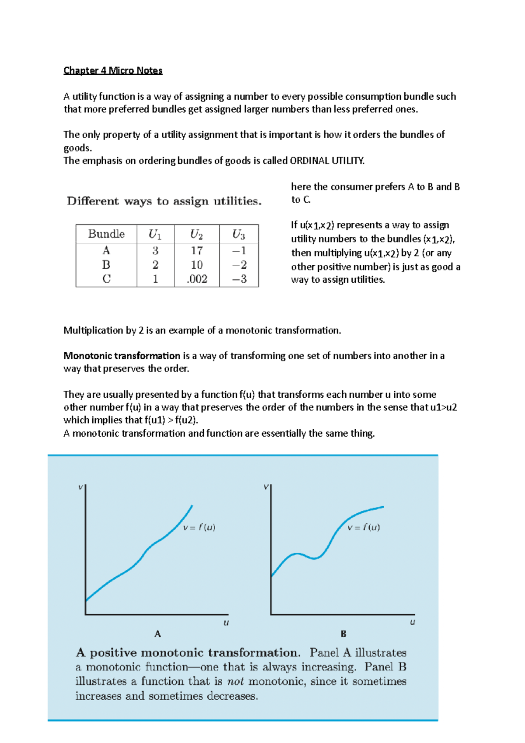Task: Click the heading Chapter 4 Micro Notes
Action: click(x=113, y=70)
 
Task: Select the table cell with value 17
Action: click(x=197, y=251)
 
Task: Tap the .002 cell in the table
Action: click(x=197, y=279)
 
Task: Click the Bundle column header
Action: click(x=106, y=234)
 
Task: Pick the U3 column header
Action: click(x=238, y=235)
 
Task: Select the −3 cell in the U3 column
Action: click(x=239, y=279)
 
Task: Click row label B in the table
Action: click(x=106, y=265)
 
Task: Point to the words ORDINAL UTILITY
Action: click(x=327, y=161)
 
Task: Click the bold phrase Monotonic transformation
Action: click(x=122, y=356)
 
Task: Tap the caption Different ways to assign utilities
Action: click(x=164, y=201)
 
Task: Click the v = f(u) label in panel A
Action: click(x=199, y=528)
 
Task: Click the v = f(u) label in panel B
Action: click(x=364, y=528)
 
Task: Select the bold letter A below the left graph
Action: click(x=157, y=634)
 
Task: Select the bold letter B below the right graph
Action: click(x=343, y=634)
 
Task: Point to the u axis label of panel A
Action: click(x=226, y=623)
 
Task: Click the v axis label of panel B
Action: click(x=266, y=487)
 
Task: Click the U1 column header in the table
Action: click(x=155, y=235)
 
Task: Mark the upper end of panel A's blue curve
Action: click(x=192, y=506)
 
